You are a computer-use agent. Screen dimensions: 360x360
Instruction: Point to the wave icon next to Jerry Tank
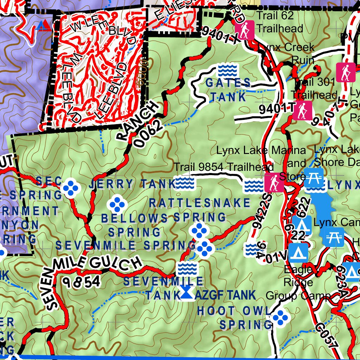(185, 183)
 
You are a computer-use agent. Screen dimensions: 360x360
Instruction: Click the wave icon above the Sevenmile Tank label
(187, 269)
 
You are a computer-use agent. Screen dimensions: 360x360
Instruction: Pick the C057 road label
(327, 336)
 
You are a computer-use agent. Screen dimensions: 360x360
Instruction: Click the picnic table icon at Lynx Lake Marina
(313, 178)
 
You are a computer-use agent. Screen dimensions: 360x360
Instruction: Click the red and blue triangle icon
(44, 25)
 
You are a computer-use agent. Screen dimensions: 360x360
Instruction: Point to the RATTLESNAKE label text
(200, 203)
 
